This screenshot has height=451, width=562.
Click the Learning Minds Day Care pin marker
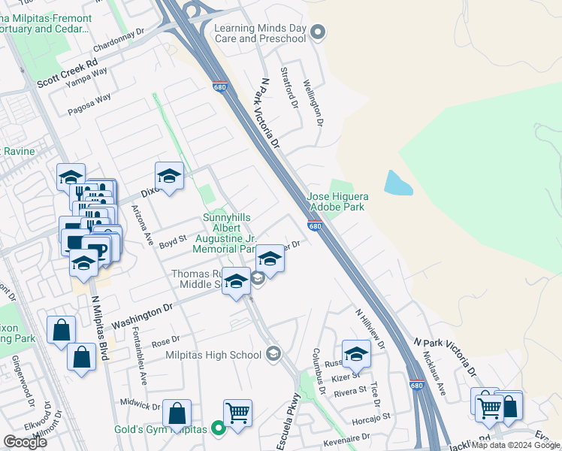tap(318, 32)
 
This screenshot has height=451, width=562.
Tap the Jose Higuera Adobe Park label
tap(336, 201)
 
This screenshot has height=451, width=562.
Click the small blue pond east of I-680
tap(397, 183)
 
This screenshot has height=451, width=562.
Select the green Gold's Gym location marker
tap(219, 428)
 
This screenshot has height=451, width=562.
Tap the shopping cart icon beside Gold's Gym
tap(237, 413)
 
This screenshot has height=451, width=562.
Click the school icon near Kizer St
tap(356, 353)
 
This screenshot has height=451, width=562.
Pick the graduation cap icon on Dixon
tap(169, 177)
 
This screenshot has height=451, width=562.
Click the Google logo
tap(25, 442)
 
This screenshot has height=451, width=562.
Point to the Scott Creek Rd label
tap(68, 65)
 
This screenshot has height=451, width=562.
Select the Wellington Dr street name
tap(313, 102)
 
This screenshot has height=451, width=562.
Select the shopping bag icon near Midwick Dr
tap(177, 413)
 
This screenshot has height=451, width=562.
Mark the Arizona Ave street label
tap(143, 226)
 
